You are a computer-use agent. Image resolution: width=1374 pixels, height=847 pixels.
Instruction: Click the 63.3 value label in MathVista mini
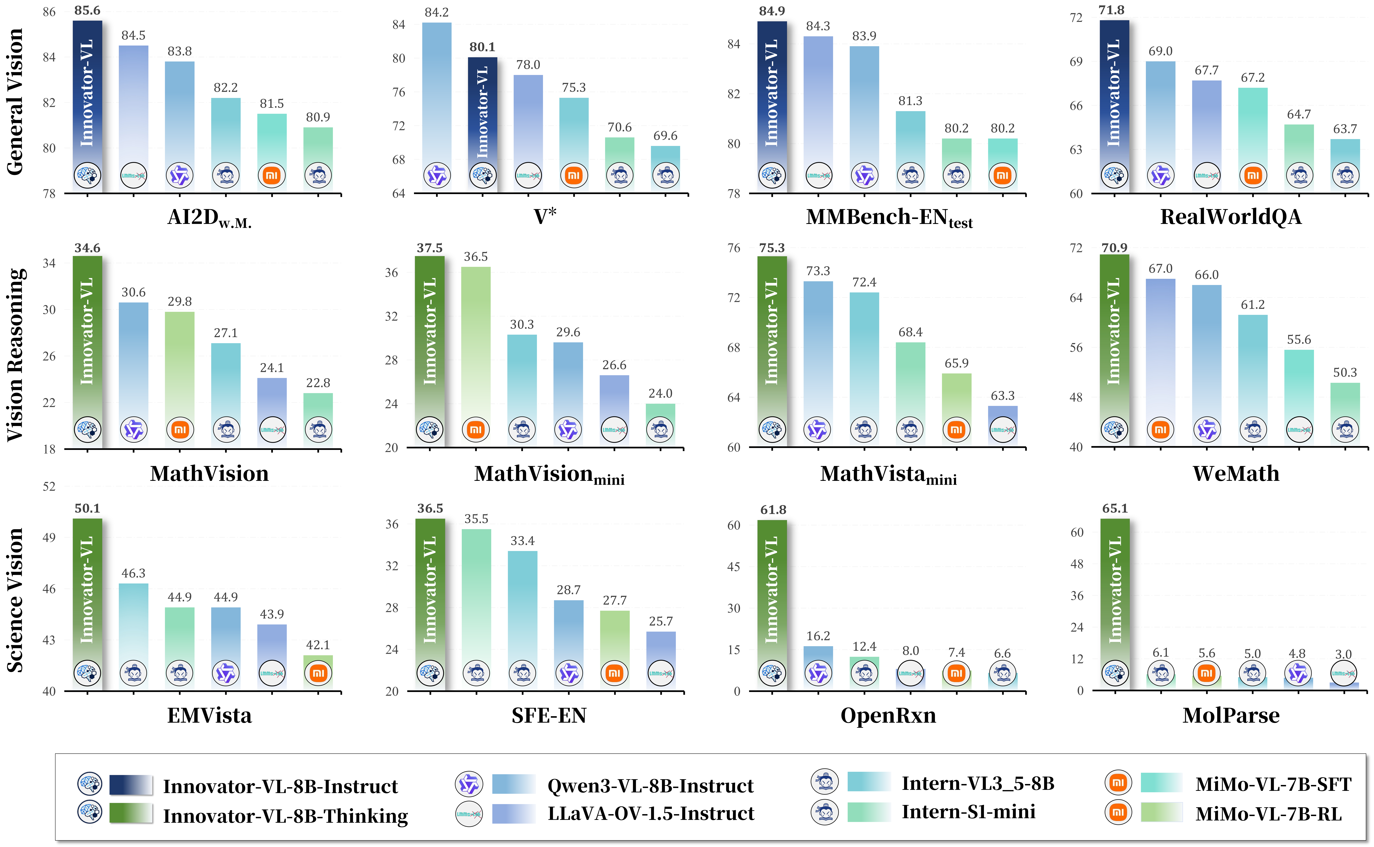[x=1002, y=395]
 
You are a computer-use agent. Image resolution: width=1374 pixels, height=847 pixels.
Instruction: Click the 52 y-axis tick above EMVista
[x=49, y=486]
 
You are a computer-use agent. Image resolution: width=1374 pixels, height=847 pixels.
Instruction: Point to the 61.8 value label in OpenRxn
[x=773, y=510]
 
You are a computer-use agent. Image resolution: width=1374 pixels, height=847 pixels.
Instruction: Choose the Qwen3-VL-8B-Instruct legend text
[x=650, y=786]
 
